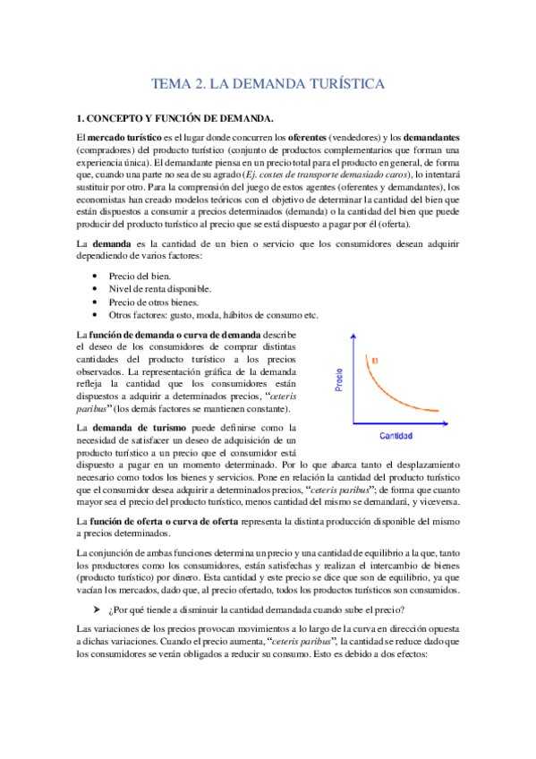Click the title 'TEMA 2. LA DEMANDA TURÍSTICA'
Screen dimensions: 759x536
pyautogui.click(x=268, y=84)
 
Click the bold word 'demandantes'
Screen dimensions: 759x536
pyautogui.click(x=430, y=137)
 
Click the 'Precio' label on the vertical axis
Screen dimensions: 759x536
pyautogui.click(x=339, y=384)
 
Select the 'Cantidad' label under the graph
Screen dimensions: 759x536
pyautogui.click(x=396, y=436)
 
